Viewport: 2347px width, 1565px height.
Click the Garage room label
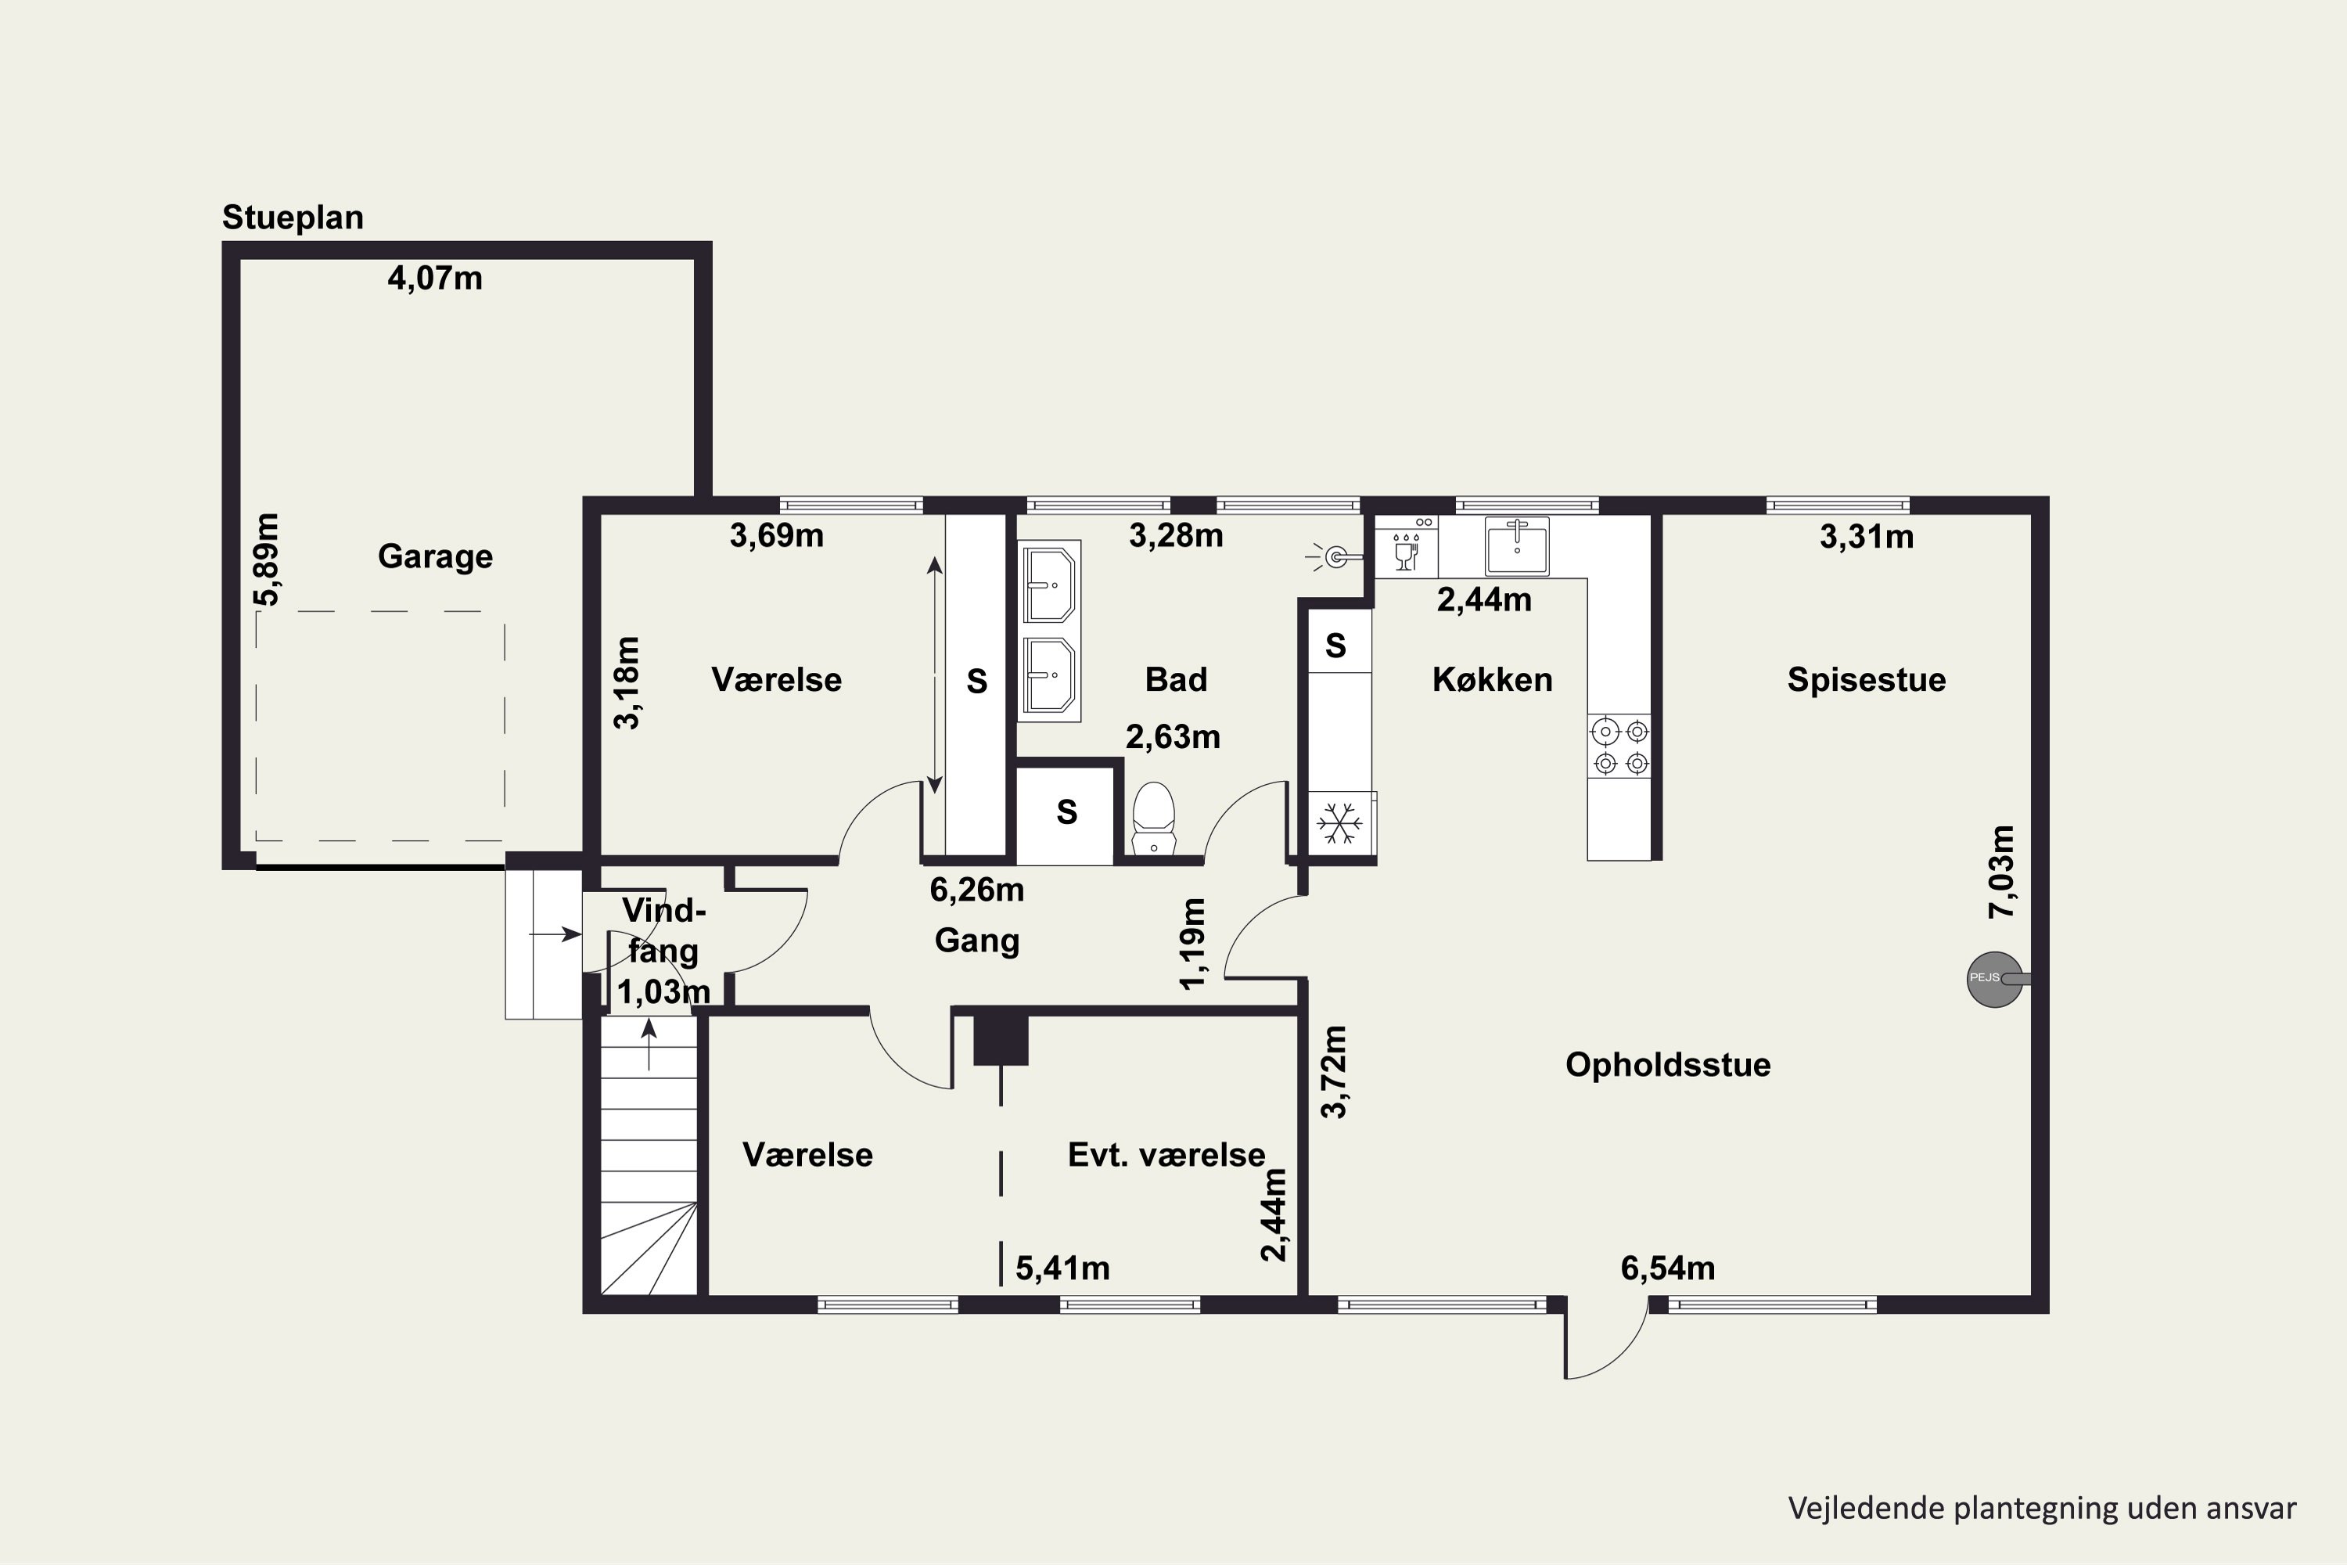pos(435,556)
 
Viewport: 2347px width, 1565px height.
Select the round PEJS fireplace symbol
pos(1993,979)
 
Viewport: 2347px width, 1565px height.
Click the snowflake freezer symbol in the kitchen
pos(1339,823)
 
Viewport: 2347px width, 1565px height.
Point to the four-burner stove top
pos(1619,747)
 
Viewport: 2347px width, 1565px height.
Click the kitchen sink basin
pos(1517,546)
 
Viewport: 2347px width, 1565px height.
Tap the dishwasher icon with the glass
pos(1406,546)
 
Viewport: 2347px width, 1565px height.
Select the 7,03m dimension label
pos(2002,872)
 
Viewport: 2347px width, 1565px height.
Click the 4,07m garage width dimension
pos(435,279)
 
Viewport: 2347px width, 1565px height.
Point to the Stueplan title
pos(293,218)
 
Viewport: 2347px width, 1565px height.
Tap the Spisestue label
pos(1867,680)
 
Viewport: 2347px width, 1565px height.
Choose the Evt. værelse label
pos(1166,1155)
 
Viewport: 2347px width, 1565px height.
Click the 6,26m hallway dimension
pos(977,889)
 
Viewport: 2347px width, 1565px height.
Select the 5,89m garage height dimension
pos(267,559)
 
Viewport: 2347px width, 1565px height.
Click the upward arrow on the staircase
pos(649,1044)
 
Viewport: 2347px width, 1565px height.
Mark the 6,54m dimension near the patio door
pos(1667,1268)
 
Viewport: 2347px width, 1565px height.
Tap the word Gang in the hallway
pos(977,941)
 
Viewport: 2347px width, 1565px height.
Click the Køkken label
pos(1493,680)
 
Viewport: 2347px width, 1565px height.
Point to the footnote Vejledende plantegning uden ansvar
pos(2043,1508)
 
